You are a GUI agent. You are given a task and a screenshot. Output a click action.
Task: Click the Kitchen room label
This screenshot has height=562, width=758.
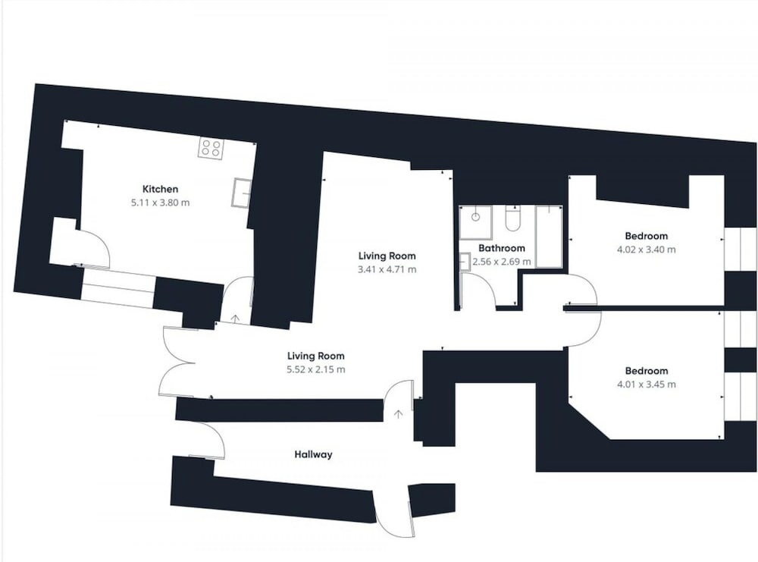tap(160, 189)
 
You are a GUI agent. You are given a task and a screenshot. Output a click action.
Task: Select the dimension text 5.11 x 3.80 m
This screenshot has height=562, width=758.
tap(160, 203)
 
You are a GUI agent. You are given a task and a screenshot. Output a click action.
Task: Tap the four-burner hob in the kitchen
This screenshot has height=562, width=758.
tap(211, 147)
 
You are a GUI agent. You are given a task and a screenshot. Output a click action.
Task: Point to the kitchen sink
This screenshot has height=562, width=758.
tap(241, 193)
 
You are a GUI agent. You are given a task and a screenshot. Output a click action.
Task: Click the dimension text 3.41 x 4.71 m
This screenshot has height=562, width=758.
tap(387, 269)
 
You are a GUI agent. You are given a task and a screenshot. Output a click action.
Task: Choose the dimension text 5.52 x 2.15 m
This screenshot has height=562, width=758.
tap(316, 369)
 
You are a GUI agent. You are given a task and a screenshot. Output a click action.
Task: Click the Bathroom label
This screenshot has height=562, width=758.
tap(501, 248)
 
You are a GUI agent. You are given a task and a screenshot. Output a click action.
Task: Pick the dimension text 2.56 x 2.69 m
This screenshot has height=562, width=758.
tap(501, 262)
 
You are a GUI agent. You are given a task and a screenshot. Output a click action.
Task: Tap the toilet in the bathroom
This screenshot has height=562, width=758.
tap(512, 218)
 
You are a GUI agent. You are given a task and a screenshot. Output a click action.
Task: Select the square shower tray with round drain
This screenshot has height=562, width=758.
tap(475, 222)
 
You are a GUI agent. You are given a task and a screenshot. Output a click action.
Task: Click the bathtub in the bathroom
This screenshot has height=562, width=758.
tap(549, 237)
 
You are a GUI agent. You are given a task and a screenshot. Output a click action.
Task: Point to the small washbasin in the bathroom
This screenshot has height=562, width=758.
tap(465, 261)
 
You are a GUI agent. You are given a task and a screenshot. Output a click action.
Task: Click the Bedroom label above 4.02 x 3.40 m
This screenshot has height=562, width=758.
tap(647, 236)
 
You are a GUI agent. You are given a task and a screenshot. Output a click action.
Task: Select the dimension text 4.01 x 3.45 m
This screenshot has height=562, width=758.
tap(647, 385)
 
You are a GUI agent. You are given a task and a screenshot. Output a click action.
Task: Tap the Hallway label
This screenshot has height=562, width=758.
tap(313, 454)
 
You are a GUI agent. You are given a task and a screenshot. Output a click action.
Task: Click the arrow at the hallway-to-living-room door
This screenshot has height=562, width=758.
tap(399, 414)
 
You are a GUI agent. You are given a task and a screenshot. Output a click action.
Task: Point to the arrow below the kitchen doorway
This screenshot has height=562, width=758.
tap(236, 319)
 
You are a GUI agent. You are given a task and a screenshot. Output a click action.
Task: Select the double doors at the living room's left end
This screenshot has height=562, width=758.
tap(177, 363)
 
